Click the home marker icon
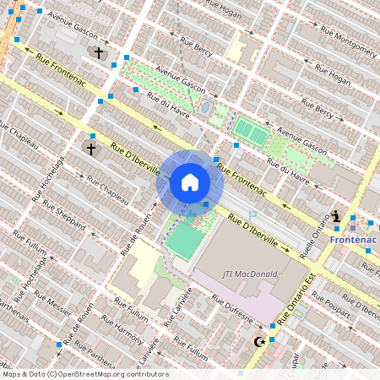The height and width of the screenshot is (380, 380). tap(190, 182)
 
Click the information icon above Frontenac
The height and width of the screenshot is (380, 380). tap(337, 216)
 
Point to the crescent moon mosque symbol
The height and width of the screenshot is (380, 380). tap(260, 342)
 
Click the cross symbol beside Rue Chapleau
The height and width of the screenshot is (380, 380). tap(90, 149)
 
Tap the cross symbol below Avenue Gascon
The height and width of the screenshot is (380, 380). tap(98, 53)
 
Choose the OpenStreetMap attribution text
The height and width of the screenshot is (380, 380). tap(84, 374)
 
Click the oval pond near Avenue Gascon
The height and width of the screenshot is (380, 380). tap(206, 108)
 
